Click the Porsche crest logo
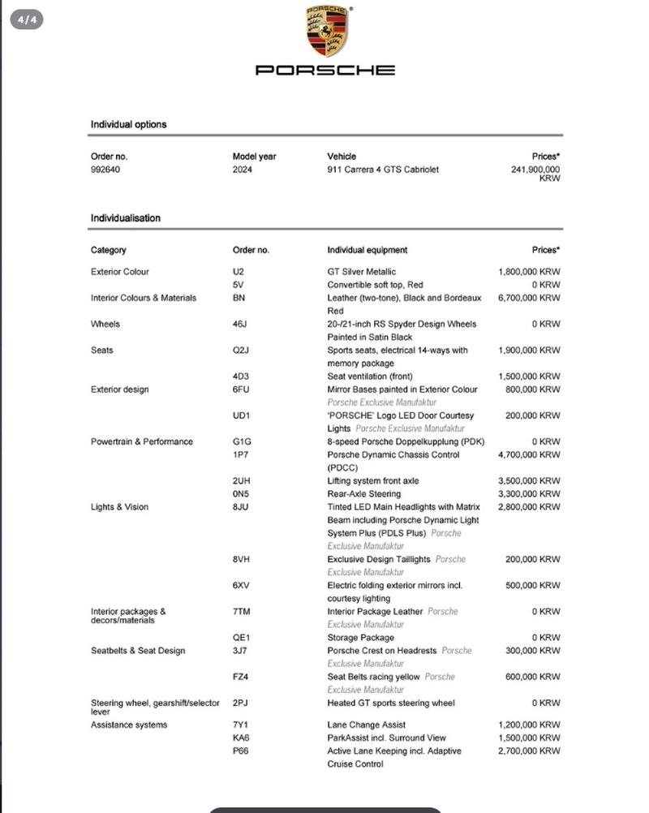(325, 31)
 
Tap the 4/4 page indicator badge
(27, 19)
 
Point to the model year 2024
(243, 170)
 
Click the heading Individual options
(128, 124)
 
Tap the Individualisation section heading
(126, 218)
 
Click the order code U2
(238, 272)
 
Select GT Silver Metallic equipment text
(362, 272)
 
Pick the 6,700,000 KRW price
(529, 298)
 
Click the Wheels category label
(105, 325)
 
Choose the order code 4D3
(241, 376)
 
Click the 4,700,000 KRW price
(529, 455)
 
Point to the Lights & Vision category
(119, 507)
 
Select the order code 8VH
(241, 559)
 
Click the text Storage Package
(360, 638)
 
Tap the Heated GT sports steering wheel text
(391, 703)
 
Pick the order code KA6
(241, 738)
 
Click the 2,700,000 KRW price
(529, 751)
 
